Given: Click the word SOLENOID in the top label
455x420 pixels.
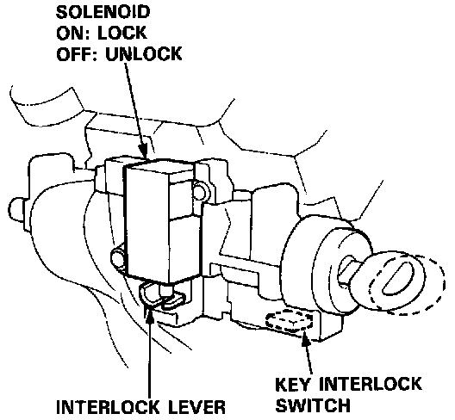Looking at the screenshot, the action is (x=103, y=12).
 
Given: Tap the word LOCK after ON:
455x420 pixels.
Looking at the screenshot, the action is (x=122, y=33).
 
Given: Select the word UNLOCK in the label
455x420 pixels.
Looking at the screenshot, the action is (x=144, y=54).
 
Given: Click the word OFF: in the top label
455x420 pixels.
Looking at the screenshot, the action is (x=78, y=54).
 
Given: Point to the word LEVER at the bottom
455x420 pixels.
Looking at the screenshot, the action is (x=196, y=407).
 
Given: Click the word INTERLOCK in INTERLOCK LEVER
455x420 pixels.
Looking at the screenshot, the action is (x=108, y=407).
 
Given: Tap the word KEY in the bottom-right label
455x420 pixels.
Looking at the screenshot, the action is (x=293, y=384).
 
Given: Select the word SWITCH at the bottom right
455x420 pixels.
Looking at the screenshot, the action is (x=313, y=405).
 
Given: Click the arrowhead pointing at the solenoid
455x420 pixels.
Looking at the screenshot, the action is (x=143, y=150).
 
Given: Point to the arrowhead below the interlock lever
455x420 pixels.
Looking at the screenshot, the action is (x=150, y=317).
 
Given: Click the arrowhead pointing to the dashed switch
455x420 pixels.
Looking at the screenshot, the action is (x=306, y=337).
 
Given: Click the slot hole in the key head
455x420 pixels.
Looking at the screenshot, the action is (x=397, y=278).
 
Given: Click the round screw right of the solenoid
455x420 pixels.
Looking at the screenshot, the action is (x=200, y=190).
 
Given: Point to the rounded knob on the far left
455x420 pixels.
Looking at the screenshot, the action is (x=17, y=209).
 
